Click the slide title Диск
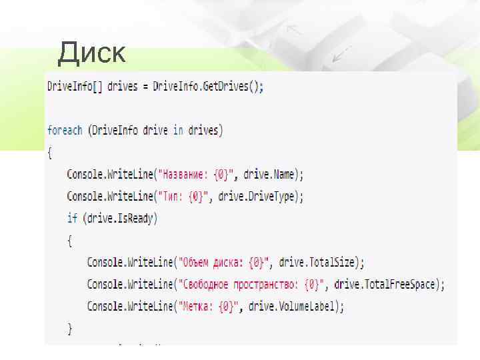coord(91,53)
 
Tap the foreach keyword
coord(65,130)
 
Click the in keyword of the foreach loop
coord(178,130)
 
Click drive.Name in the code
coord(271,175)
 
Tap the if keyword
coord(72,218)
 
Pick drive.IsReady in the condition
coord(121,218)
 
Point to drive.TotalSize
coord(318,263)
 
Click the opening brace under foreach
coord(50,152)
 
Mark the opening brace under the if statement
coord(70,240)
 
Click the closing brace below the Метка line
coord(70,328)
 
